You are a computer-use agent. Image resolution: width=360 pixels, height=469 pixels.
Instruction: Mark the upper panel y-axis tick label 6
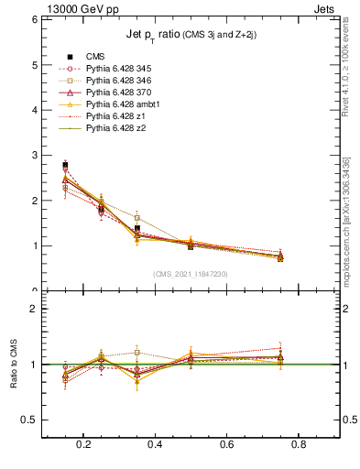33,19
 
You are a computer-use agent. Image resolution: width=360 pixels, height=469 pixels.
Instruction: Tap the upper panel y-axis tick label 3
33,155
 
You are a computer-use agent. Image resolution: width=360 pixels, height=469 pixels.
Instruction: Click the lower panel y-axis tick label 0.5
27,420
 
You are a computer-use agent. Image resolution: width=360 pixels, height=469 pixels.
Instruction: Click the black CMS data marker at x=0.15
65,165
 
